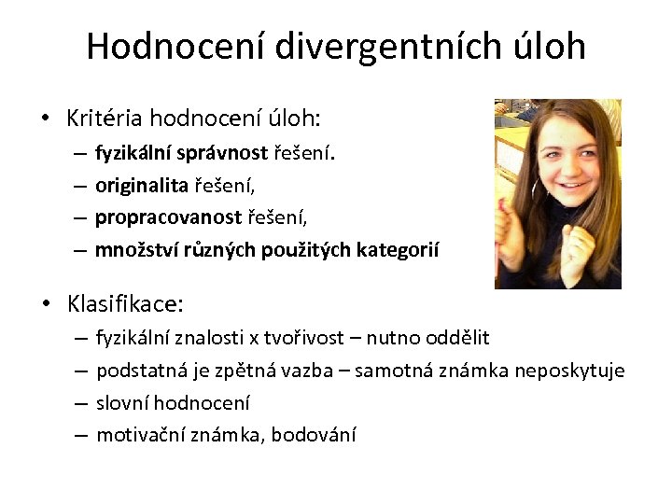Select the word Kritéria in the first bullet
pyautogui.click(x=104, y=119)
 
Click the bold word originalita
pyautogui.click(x=141, y=185)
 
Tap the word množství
pyautogui.click(x=132, y=249)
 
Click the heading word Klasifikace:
pyautogui.click(x=125, y=303)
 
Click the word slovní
pyautogui.click(x=122, y=403)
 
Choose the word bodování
pyautogui.click(x=315, y=435)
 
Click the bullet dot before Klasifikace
pyautogui.click(x=46, y=304)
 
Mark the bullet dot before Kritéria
pyautogui.click(x=46, y=119)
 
